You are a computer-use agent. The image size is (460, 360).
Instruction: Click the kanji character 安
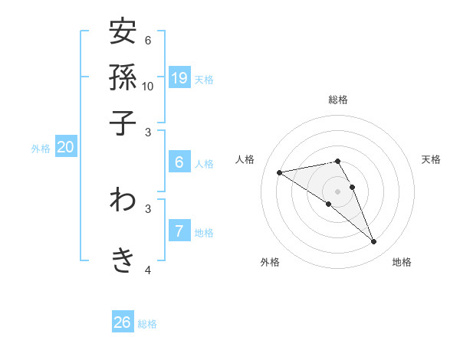coord(123,32)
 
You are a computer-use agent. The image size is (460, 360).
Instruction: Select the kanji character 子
coord(123,123)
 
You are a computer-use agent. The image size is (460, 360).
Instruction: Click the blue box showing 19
coord(179,77)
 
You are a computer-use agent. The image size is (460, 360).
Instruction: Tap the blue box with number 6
coord(179,162)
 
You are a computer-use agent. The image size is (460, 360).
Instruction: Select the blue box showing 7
coord(179,231)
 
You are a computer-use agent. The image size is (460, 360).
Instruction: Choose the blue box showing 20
coord(65,147)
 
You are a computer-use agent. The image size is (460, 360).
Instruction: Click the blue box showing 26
coord(123,322)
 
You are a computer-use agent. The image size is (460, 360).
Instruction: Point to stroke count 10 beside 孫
coord(148,86)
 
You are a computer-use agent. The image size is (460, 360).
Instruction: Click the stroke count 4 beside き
coord(148,270)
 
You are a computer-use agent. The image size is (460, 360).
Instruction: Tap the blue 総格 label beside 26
coord(147,324)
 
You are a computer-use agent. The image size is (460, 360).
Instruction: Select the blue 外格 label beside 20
coord(41,149)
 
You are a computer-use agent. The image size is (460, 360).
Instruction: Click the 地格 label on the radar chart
coord(402,262)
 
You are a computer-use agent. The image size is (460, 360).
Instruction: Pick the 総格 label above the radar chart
coord(337,100)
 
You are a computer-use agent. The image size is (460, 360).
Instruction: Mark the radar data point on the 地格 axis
coord(374,242)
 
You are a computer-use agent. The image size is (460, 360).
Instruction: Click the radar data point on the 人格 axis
coord(280,172)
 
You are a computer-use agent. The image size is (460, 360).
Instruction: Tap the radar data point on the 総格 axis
coord(337,161)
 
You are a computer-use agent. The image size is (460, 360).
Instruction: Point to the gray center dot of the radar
coord(337,191)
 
